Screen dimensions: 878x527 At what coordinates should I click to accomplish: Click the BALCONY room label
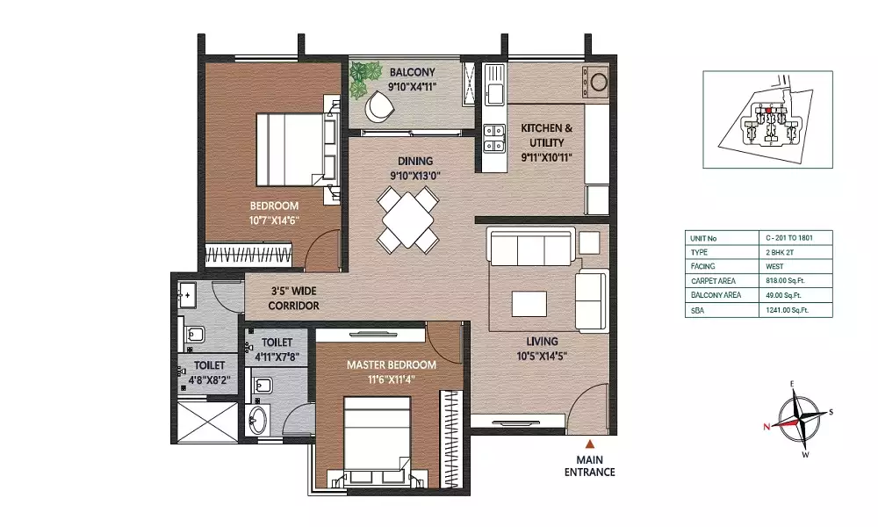tap(412, 72)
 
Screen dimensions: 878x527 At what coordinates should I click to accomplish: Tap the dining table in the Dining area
tap(407, 219)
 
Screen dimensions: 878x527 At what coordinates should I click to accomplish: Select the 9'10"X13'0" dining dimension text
tap(415, 176)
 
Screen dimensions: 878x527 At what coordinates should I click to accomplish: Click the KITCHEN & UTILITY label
tap(546, 135)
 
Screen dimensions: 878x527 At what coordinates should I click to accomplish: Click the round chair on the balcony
tap(379, 106)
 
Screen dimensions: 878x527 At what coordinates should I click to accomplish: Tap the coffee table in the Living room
tap(529, 304)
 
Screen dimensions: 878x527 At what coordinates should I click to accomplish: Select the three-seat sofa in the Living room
tap(530, 246)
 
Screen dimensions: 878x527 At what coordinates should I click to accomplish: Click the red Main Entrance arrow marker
tap(590, 444)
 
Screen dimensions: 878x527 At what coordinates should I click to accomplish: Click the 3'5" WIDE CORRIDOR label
tap(294, 299)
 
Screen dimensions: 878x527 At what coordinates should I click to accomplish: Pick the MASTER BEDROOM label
tap(392, 365)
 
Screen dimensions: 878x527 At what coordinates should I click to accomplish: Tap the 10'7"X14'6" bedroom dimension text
tap(274, 220)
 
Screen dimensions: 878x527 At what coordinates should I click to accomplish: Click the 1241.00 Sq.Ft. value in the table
tap(787, 310)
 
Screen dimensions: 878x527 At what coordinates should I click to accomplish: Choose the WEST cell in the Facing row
tap(774, 267)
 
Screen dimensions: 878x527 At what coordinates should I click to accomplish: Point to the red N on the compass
tap(766, 427)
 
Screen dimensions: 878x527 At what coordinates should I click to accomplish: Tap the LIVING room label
tap(542, 341)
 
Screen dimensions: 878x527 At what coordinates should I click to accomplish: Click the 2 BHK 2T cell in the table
tap(780, 253)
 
